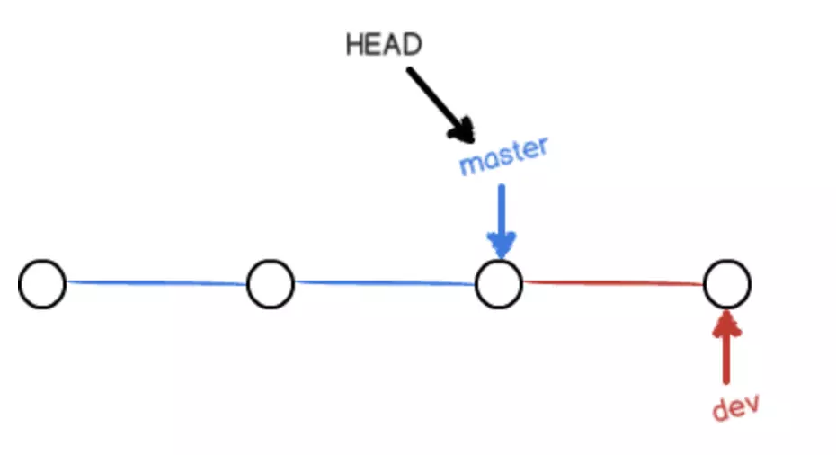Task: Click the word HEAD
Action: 384,45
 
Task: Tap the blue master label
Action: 502,157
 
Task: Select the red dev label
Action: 736,406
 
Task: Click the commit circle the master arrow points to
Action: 499,284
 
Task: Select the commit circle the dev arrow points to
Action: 727,284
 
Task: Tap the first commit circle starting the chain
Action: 42,284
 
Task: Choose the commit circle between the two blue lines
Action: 271,284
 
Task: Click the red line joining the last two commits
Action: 613,282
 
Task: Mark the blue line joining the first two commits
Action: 156,283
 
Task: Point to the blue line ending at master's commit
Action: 385,283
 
